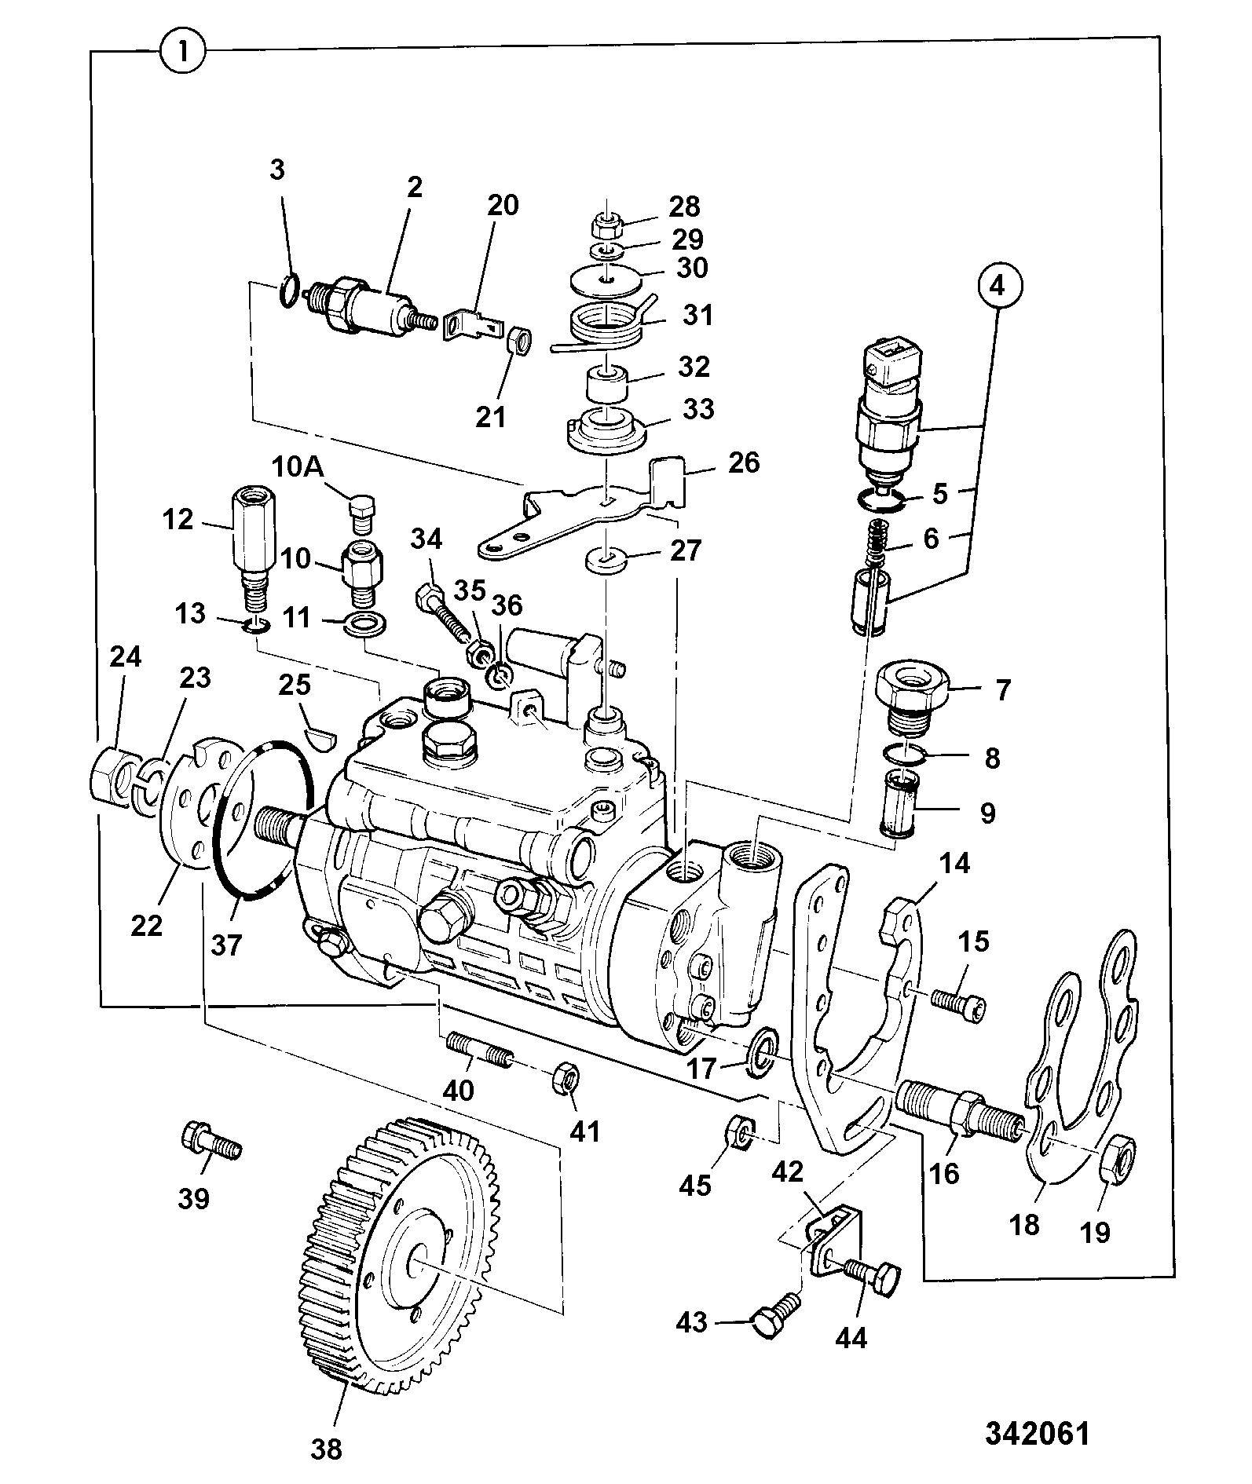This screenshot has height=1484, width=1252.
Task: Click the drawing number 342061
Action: click(x=1038, y=1433)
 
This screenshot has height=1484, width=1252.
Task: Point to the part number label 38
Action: click(x=326, y=1448)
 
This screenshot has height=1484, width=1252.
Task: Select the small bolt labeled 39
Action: click(x=210, y=1142)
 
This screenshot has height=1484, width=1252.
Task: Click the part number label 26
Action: click(x=744, y=462)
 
